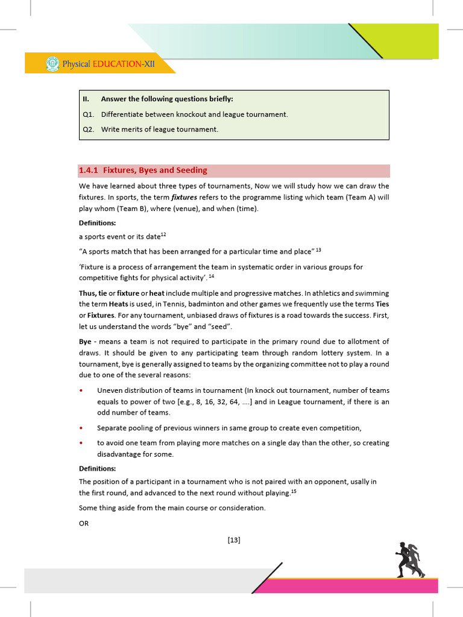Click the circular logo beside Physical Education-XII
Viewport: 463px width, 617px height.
(52, 63)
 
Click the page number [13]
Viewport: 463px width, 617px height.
(234, 540)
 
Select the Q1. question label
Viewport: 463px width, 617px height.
(88, 114)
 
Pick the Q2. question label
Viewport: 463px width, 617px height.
(88, 130)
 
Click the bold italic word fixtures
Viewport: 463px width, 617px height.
(184, 197)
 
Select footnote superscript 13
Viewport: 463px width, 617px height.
(318, 249)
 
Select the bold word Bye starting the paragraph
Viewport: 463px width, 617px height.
(85, 342)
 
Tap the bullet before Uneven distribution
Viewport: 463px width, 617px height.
(81, 390)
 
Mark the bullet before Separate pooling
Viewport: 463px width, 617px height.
(81, 428)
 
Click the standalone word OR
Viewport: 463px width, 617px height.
(84, 524)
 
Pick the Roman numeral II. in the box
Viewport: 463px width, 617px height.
(86, 99)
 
